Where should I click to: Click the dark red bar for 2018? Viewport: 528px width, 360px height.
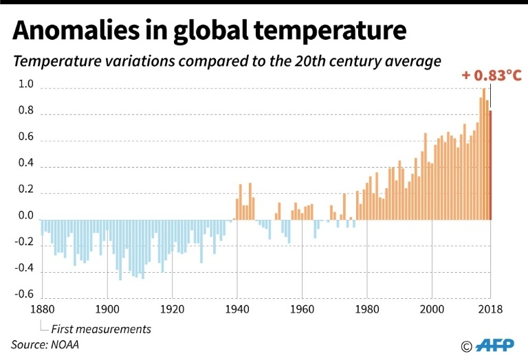pyautogui.click(x=490, y=165)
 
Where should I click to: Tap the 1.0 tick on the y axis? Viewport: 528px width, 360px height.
pyautogui.click(x=26, y=85)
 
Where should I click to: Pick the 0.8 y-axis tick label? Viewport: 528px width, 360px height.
pyautogui.click(x=26, y=111)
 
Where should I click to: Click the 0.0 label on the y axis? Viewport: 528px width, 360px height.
pyautogui.click(x=26, y=216)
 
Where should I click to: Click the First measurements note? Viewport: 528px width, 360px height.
pyautogui.click(x=101, y=328)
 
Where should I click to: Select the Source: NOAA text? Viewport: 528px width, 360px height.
pyautogui.click(x=45, y=344)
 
